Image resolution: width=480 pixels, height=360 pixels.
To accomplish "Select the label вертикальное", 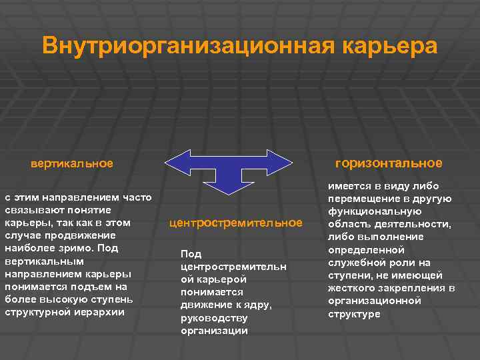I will (x=71, y=163).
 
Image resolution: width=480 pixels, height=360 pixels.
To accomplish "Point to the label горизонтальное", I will (x=389, y=163).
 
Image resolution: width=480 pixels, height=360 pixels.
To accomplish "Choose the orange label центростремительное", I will (x=235, y=223).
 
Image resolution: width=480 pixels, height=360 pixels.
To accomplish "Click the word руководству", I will (x=214, y=317).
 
